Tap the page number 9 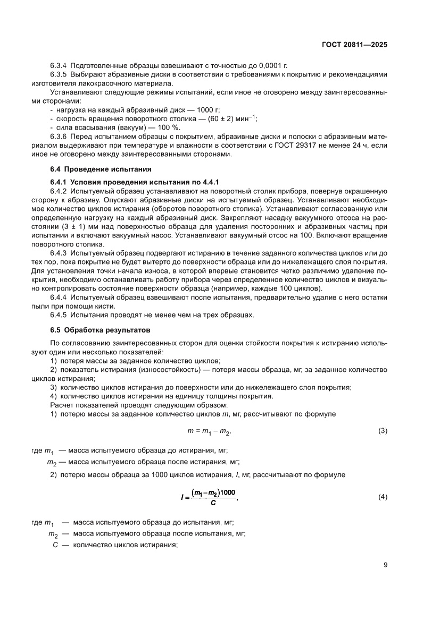[x=385, y=565]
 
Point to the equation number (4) [x=382, y=497]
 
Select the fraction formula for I [x=208, y=497]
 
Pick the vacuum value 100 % [x=169, y=127]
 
